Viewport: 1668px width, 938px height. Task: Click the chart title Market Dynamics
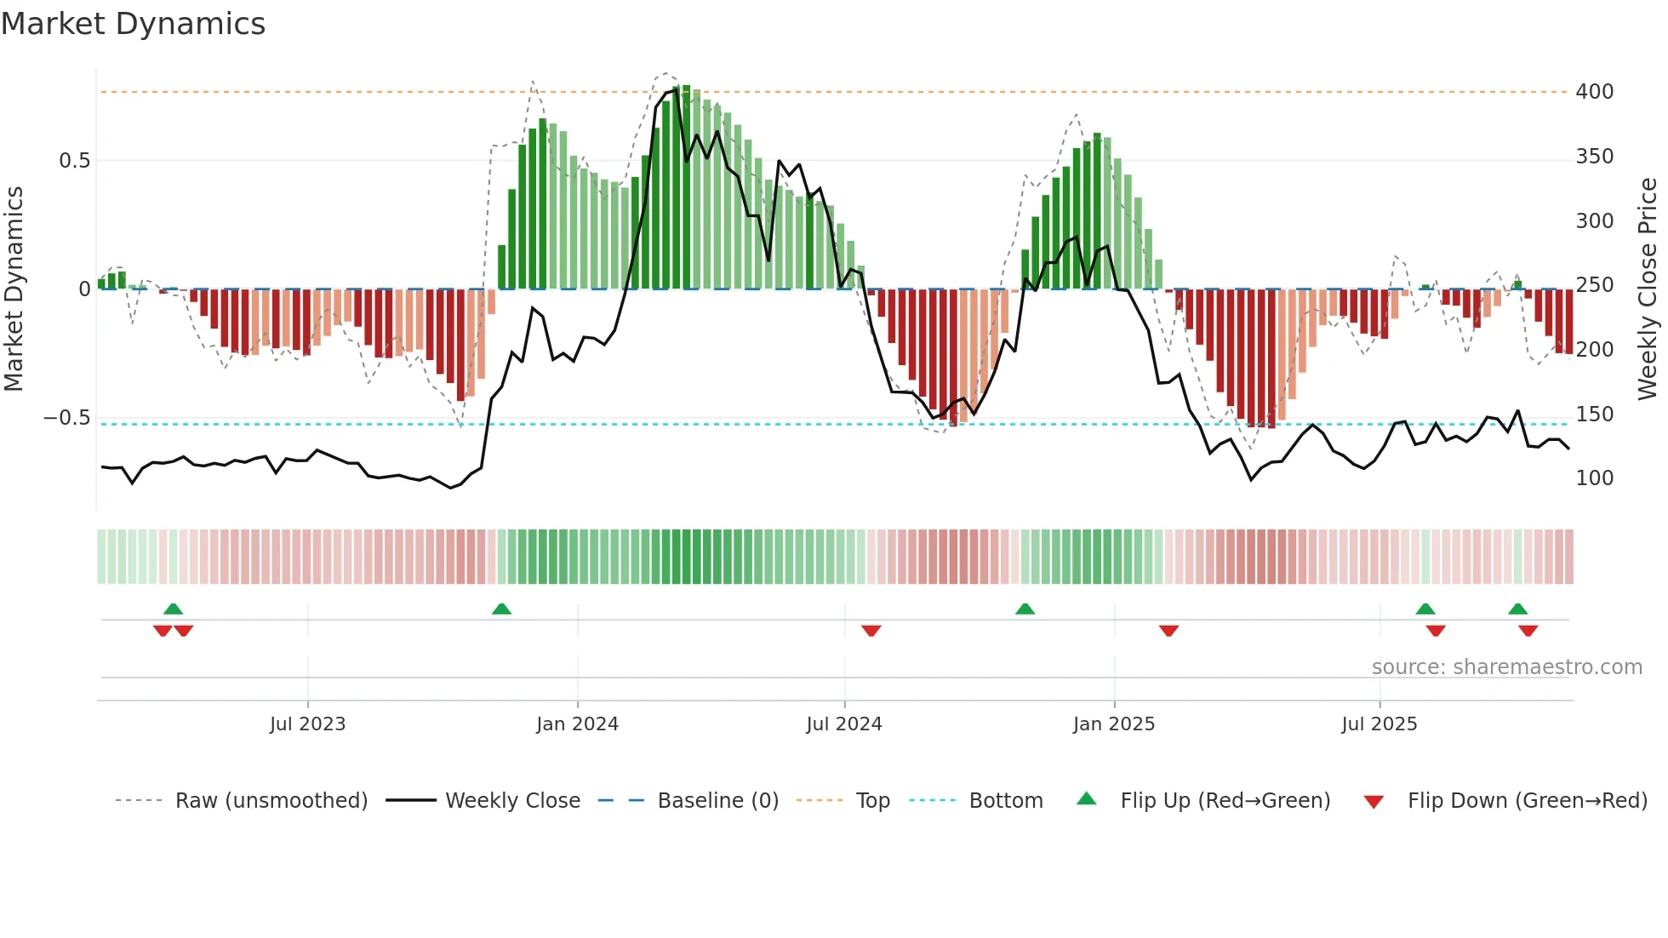click(x=133, y=24)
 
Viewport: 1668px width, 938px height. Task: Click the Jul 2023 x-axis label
click(x=307, y=724)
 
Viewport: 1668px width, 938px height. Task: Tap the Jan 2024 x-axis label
click(x=577, y=724)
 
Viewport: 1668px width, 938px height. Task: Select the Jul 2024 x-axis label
click(x=843, y=724)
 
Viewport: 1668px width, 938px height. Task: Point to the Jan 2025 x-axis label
click(x=1113, y=724)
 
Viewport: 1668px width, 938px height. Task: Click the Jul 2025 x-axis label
click(x=1379, y=724)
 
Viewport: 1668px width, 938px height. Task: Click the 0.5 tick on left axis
click(x=74, y=161)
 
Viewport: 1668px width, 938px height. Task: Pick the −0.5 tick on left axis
click(x=66, y=418)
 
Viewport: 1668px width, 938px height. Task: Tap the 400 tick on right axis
click(x=1594, y=92)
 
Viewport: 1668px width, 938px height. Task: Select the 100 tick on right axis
click(x=1594, y=478)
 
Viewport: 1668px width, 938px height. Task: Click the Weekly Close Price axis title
click(x=1648, y=289)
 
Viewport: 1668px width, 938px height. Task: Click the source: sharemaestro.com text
click(x=1506, y=667)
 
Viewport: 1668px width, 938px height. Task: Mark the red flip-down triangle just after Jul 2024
click(x=871, y=631)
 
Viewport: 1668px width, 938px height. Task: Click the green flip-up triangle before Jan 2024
click(x=501, y=609)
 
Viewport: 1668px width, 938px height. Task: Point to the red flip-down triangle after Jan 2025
click(x=1168, y=631)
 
